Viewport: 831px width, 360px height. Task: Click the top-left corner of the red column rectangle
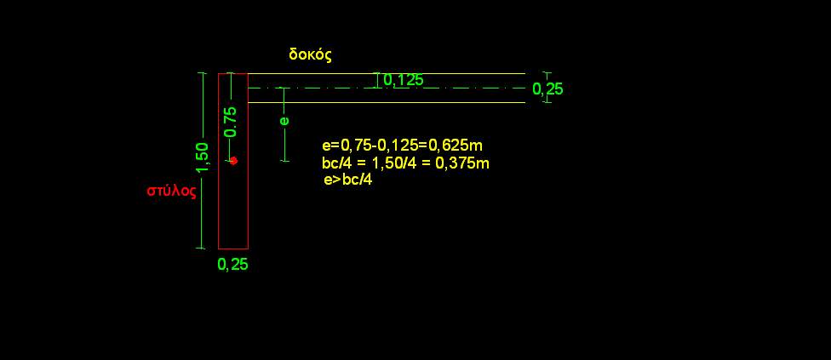pos(218,73)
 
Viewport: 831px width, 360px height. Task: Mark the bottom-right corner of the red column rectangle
pos(248,249)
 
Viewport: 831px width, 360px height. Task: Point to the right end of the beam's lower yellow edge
pos(524,102)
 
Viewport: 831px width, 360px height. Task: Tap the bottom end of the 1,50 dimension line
pos(201,248)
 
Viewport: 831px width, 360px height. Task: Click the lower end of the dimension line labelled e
pos(284,161)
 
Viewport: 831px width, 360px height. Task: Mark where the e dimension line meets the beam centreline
pos(284,88)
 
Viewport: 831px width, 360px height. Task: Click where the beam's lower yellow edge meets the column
pos(248,102)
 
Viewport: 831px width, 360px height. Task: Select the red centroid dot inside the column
pos(233,160)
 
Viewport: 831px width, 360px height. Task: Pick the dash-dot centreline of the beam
pos(387,88)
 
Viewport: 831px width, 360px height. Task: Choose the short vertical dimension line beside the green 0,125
pos(377,81)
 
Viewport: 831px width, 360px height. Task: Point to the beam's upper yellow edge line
pos(387,73)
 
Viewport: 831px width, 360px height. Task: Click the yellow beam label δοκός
pos(311,54)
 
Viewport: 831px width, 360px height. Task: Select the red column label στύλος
pos(171,191)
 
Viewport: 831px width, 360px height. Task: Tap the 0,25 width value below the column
pos(232,264)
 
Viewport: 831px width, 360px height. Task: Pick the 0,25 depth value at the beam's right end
pos(547,89)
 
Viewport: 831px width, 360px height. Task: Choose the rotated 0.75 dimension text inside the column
pos(231,122)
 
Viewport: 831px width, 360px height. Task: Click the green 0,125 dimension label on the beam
pos(403,80)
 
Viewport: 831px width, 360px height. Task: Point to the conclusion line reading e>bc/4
pos(347,180)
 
